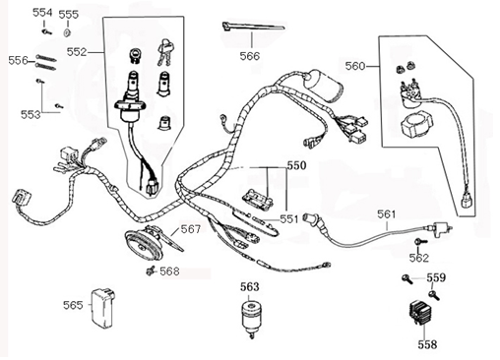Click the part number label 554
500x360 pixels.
[x=42, y=12]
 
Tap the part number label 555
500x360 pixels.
[x=68, y=15]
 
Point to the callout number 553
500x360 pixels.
[x=31, y=114]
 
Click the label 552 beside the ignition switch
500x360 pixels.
[x=77, y=51]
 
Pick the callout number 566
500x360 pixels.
[x=250, y=57]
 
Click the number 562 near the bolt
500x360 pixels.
[x=419, y=258]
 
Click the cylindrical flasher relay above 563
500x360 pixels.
[x=251, y=315]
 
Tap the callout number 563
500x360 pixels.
[x=251, y=287]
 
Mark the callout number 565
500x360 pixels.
[x=73, y=305]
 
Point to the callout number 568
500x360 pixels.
[x=169, y=271]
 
